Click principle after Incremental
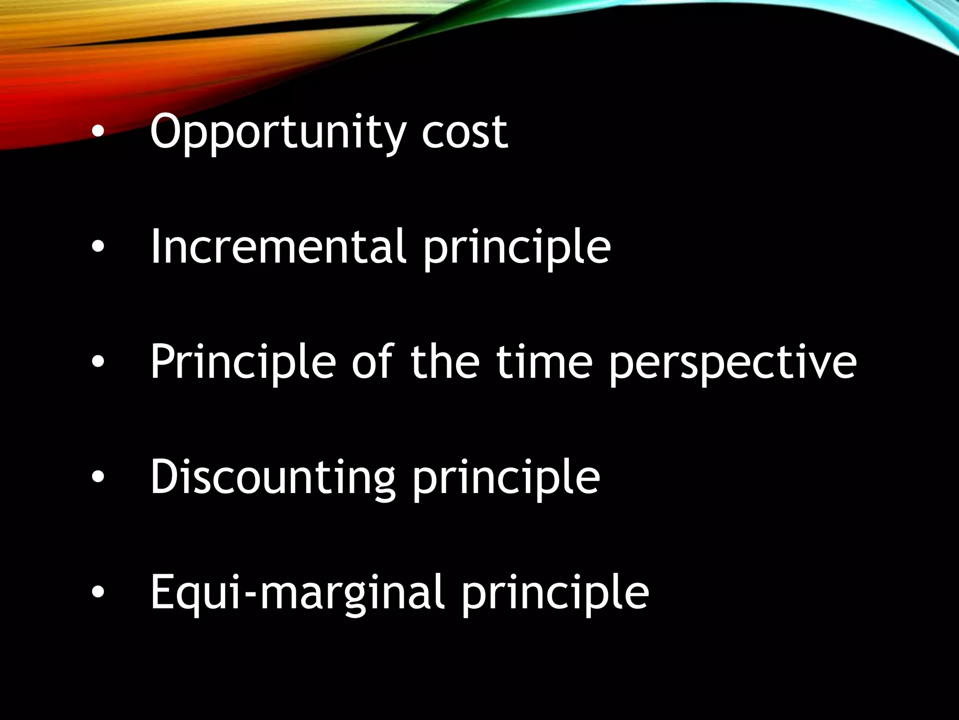517,248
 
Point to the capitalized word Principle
243,362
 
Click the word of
373,361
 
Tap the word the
445,361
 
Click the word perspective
733,364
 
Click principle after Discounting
506,479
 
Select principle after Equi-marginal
555,594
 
